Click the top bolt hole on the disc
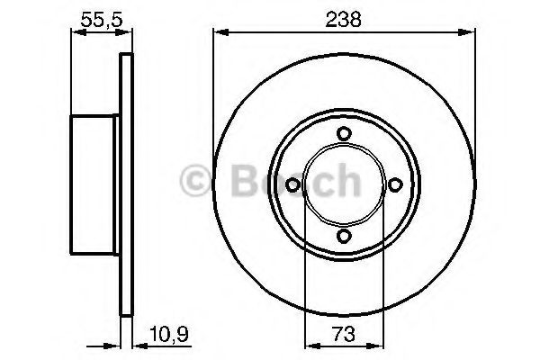coord(343,133)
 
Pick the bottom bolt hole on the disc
coord(343,236)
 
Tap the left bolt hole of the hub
coord(292,184)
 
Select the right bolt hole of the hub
coord(394,184)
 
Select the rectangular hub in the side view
coord(95,184)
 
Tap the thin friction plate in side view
coord(126,184)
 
